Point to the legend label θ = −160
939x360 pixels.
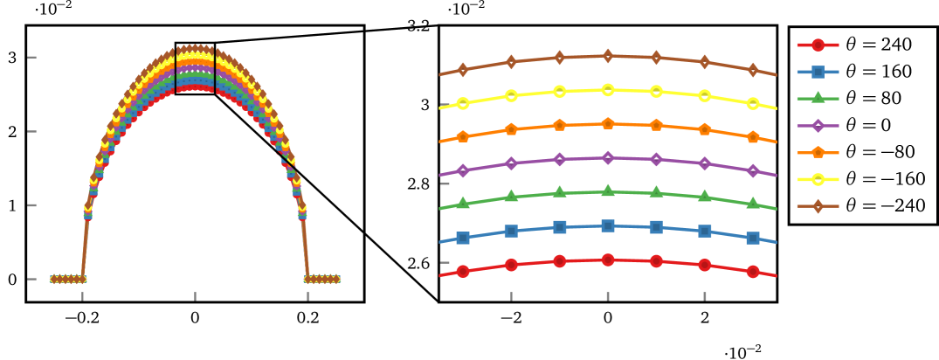[885, 179]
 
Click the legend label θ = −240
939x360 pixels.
[885, 206]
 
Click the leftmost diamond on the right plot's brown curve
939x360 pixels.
[464, 70]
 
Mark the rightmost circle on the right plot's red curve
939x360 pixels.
[753, 272]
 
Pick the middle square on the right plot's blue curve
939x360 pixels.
[608, 225]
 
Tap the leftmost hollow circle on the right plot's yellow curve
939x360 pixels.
[464, 103]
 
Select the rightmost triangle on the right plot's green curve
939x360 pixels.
[753, 203]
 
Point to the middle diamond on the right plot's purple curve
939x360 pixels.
[608, 157]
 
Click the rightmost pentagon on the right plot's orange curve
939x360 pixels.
[753, 136]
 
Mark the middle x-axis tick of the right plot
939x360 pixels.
[608, 295]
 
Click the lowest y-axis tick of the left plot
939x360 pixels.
[32, 280]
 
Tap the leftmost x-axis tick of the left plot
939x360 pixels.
[82, 296]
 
